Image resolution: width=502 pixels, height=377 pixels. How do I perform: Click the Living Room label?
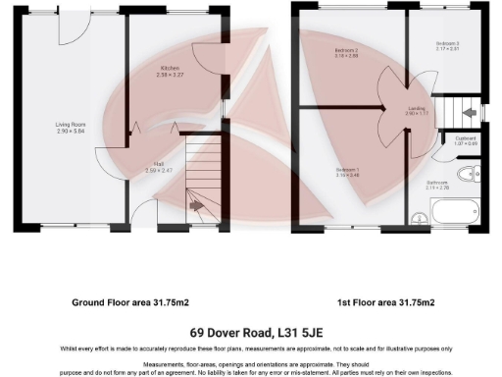(74, 125)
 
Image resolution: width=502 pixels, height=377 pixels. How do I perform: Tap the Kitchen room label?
(172, 68)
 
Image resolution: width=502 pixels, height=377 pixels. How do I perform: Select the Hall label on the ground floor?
(158, 164)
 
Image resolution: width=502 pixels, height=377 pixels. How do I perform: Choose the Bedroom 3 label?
(446, 44)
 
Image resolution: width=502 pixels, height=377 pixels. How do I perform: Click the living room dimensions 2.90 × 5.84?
(74, 132)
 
